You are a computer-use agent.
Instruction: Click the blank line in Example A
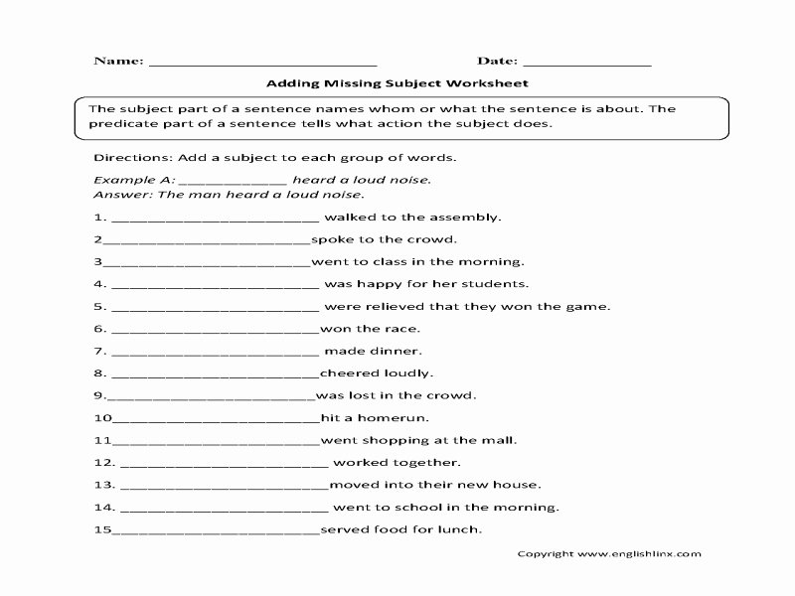click(234, 181)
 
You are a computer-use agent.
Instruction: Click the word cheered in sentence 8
click(349, 373)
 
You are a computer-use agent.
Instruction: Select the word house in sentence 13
click(518, 485)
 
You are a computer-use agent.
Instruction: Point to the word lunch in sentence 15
click(460, 529)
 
